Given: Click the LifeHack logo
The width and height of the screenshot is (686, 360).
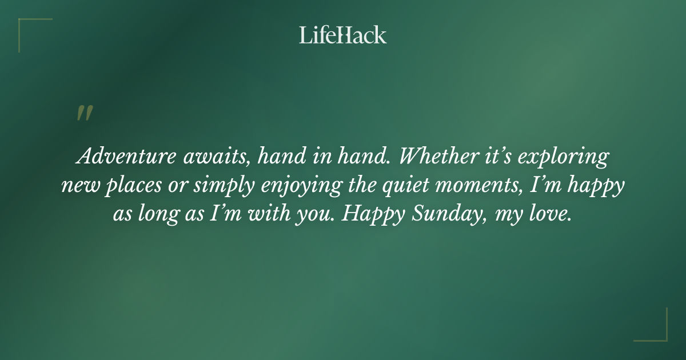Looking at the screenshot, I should pos(342,35).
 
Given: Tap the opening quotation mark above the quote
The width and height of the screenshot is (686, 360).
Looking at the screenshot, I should pos(84,113).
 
